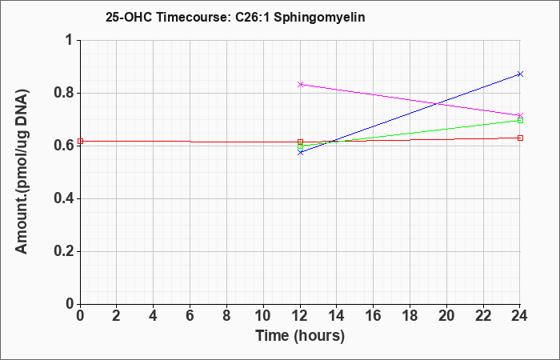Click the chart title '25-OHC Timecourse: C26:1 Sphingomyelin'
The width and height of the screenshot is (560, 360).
click(x=235, y=17)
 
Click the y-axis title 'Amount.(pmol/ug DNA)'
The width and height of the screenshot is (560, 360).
click(x=22, y=172)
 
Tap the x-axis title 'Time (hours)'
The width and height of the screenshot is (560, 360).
click(x=300, y=336)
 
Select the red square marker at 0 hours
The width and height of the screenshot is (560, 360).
click(x=80, y=141)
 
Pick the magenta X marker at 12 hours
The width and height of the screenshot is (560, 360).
click(x=300, y=84)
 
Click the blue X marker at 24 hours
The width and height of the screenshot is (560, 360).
click(x=520, y=74)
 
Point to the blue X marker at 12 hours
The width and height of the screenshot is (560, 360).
click(x=300, y=153)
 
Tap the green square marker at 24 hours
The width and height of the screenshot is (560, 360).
click(x=520, y=120)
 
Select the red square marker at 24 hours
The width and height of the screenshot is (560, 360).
click(x=520, y=138)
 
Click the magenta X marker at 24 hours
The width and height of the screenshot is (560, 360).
click(x=520, y=115)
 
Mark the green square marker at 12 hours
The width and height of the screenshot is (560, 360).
click(x=300, y=146)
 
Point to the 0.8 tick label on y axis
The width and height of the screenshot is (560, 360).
click(x=63, y=94)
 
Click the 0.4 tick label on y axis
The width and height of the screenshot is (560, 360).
click(x=63, y=198)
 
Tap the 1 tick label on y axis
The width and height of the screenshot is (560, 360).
click(x=70, y=40)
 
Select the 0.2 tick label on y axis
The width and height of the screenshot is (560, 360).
click(x=63, y=251)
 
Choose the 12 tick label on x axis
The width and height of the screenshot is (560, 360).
click(x=300, y=316)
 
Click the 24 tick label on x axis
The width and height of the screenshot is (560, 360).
click(x=519, y=316)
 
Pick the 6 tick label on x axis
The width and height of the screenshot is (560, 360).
click(x=190, y=316)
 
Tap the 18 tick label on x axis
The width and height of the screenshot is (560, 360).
click(x=410, y=316)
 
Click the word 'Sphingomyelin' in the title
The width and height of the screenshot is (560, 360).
click(x=319, y=18)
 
